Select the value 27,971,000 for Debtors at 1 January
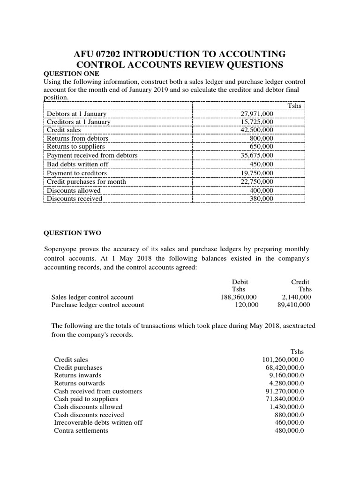[x=257, y=113]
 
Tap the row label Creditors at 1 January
[x=79, y=122]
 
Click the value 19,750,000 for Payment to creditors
[x=257, y=173]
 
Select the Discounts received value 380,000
[x=262, y=198]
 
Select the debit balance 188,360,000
[x=239, y=297]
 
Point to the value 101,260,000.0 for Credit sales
[x=283, y=360]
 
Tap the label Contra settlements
[x=81, y=430]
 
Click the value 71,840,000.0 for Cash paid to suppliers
[x=285, y=399]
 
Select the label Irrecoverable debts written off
[x=98, y=422]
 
